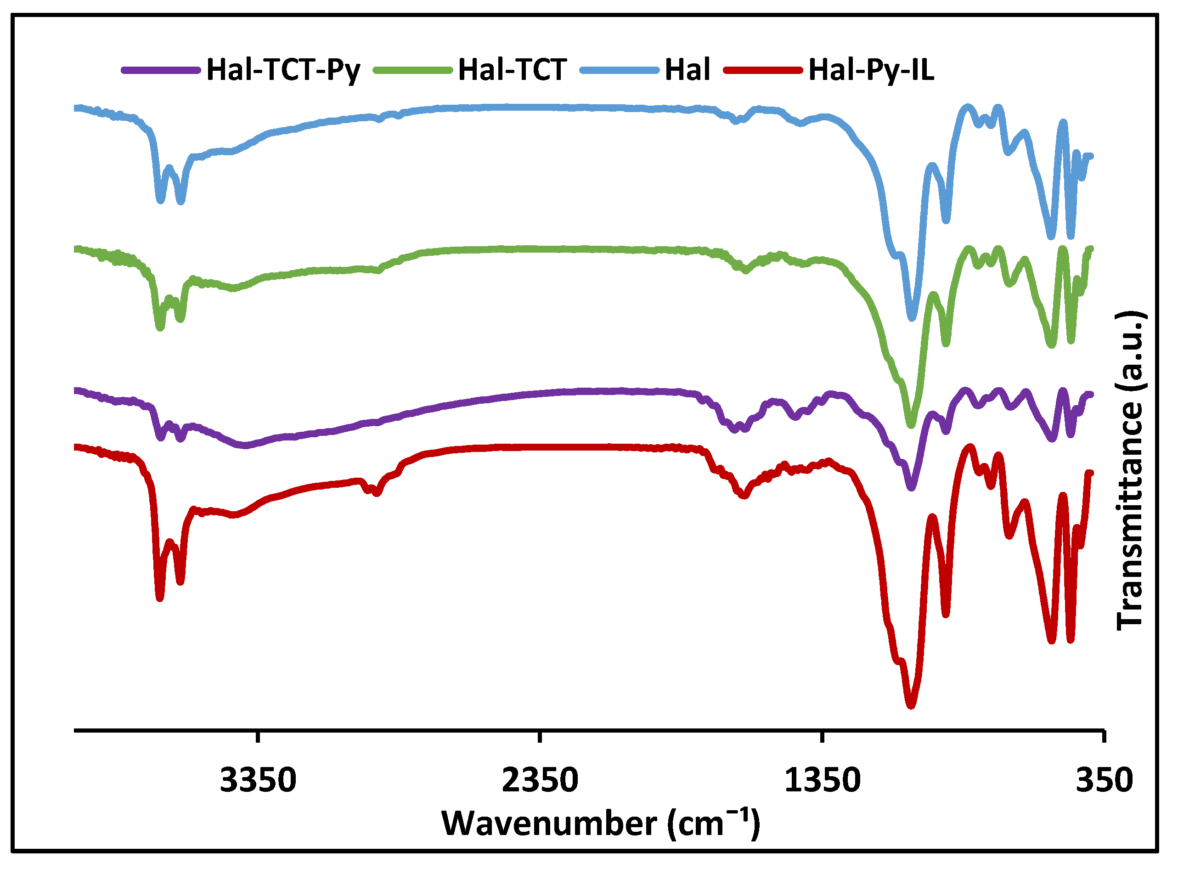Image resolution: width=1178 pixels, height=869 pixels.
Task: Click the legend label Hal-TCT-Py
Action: (x=283, y=70)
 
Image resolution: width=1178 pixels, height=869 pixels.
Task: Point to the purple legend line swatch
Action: (x=160, y=70)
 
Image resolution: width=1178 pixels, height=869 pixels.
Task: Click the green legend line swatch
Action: (x=412, y=70)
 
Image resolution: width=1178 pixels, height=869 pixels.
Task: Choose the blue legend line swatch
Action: (x=619, y=70)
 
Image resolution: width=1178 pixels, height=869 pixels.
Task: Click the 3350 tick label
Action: (x=258, y=780)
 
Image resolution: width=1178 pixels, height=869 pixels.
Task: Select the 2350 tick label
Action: (x=540, y=780)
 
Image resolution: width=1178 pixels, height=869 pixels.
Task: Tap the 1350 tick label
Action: (x=822, y=780)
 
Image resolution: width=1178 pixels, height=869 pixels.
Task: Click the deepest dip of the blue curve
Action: (x=912, y=318)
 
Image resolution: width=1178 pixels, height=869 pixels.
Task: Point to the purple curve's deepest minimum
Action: (x=911, y=488)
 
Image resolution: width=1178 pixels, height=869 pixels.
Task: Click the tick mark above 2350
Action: (x=540, y=736)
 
